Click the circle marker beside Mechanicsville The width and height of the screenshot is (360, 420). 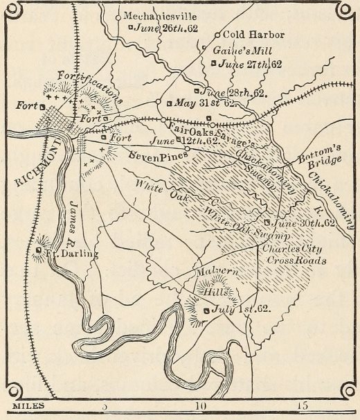tap(118, 16)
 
